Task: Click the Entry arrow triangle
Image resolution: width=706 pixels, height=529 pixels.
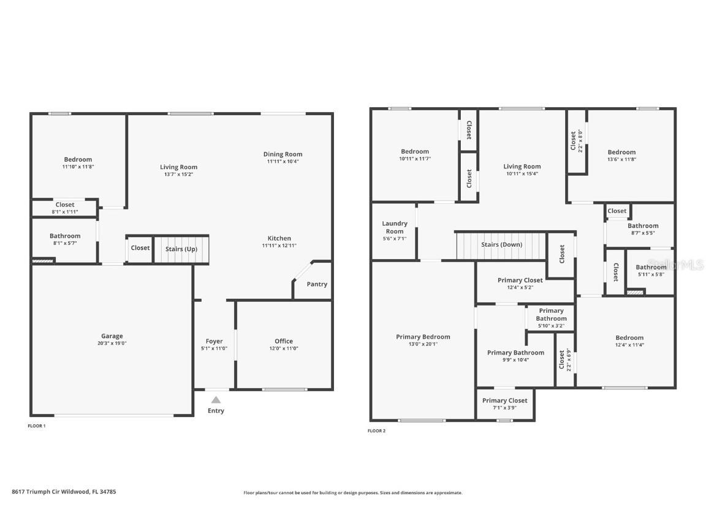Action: tap(216, 399)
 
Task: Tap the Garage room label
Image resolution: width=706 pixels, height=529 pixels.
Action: tap(112, 336)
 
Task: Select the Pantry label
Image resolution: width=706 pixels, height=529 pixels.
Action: tap(317, 284)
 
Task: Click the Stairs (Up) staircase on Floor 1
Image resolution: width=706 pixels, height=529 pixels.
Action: tap(181, 249)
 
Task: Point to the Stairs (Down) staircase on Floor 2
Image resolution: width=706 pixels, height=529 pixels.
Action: tap(501, 245)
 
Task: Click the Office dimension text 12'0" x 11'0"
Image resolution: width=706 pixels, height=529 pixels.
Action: tap(284, 348)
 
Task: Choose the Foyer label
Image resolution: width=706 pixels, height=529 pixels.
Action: tap(214, 342)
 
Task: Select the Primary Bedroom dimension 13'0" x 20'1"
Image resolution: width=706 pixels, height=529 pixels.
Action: tap(423, 344)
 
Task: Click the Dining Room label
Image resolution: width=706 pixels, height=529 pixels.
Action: tap(283, 154)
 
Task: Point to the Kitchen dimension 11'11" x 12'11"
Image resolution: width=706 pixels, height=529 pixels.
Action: tap(279, 246)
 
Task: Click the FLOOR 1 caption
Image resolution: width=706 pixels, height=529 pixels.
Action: tap(37, 426)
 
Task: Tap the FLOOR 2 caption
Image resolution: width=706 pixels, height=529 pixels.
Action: tap(376, 430)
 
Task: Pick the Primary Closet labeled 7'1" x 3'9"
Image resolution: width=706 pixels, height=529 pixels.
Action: tap(505, 404)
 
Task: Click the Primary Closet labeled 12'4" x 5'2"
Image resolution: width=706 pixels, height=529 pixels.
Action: tap(520, 283)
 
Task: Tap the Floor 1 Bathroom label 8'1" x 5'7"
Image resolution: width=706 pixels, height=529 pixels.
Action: tap(65, 239)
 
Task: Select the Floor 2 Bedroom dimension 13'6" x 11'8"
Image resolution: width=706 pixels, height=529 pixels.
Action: tap(621, 159)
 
